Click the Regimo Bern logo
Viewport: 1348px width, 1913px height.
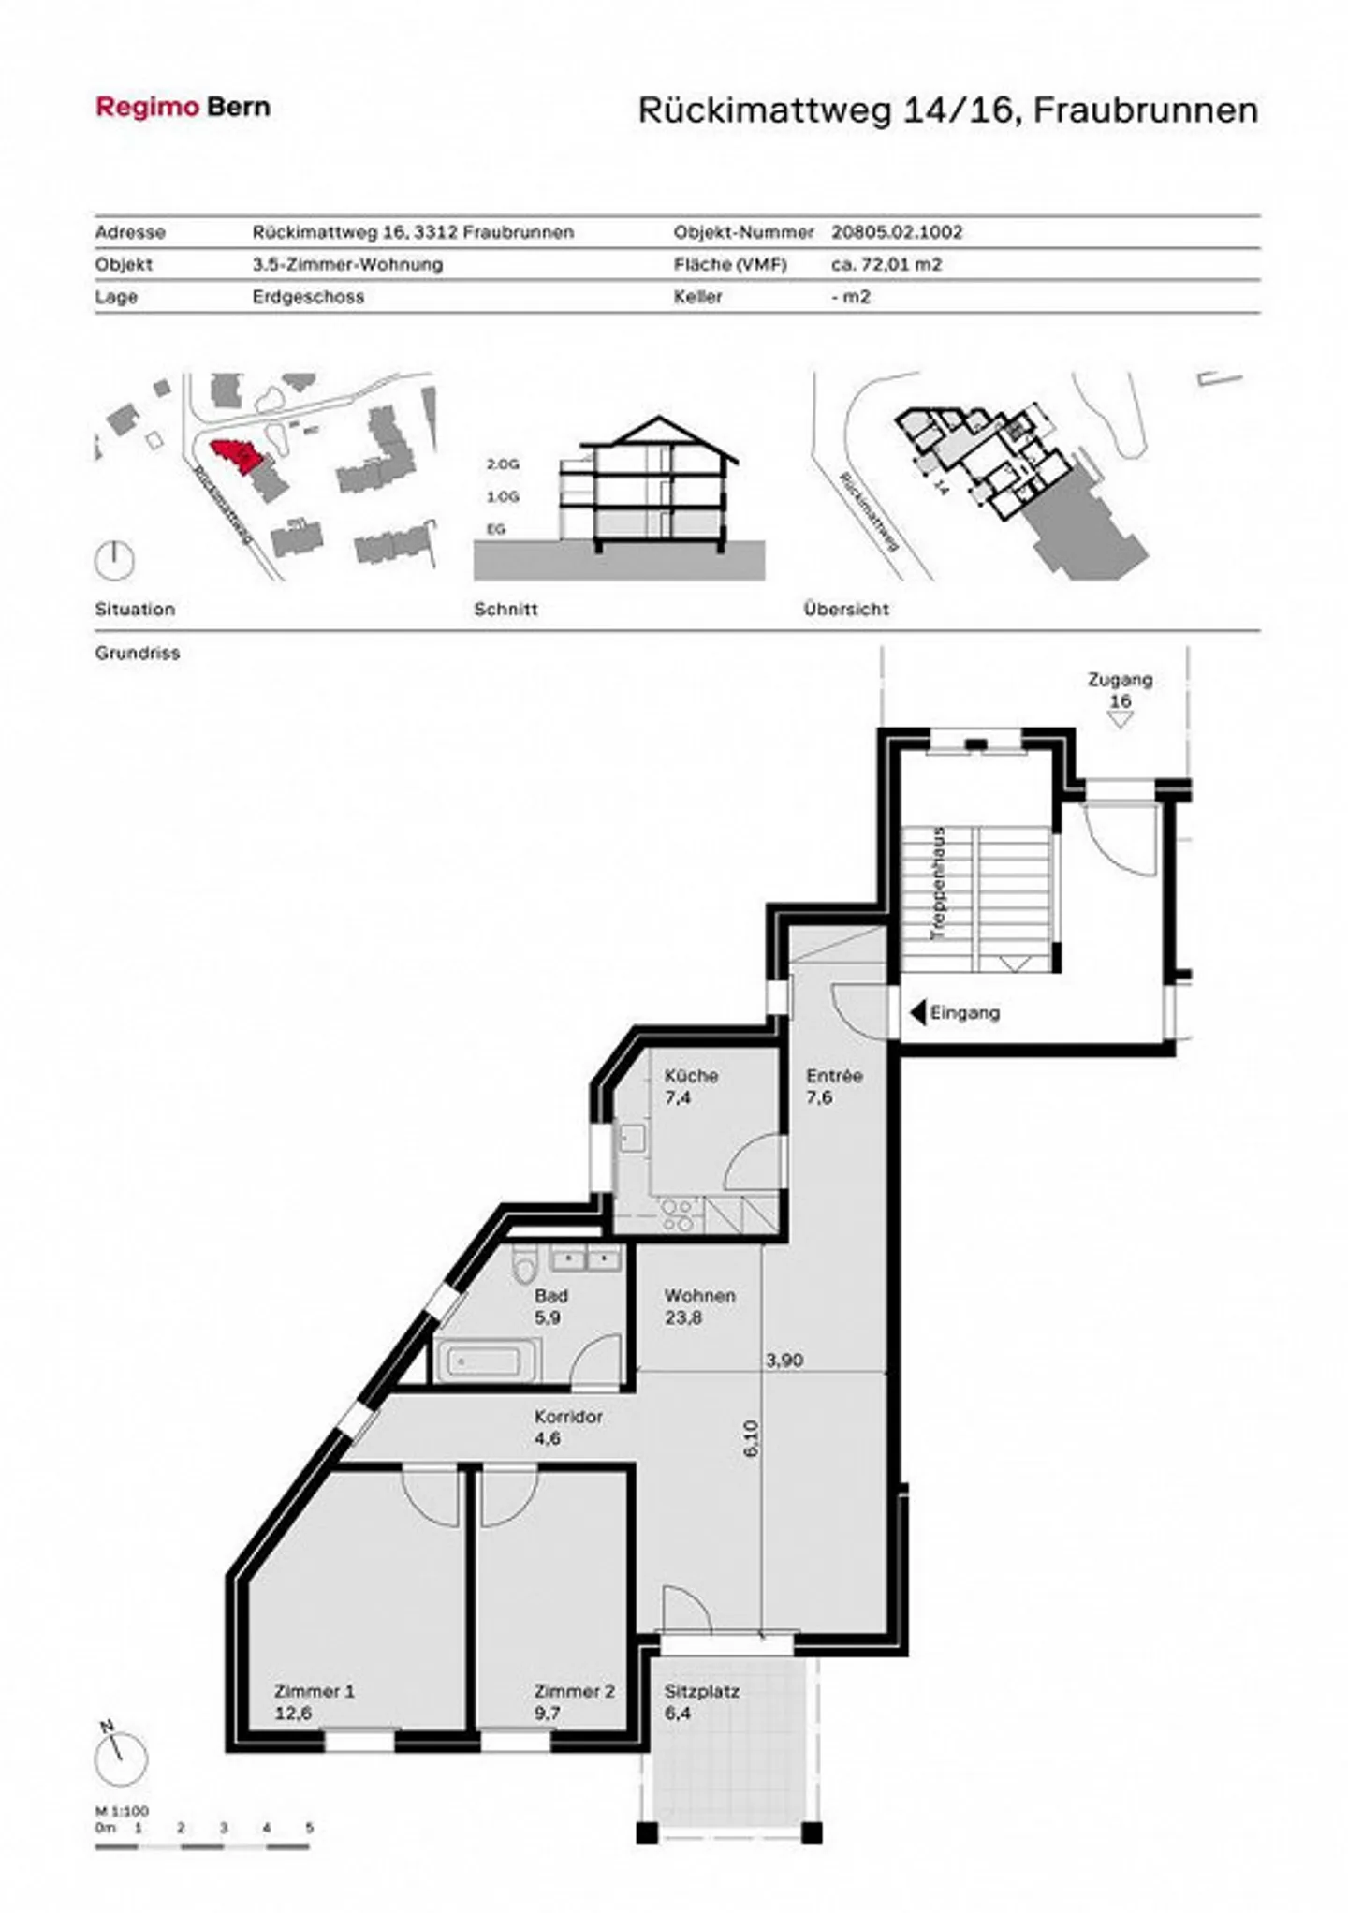click(183, 107)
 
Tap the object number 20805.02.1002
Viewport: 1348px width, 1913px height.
click(897, 232)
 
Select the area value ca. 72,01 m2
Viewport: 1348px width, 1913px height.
click(886, 264)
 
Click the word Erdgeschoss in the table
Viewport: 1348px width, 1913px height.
click(308, 297)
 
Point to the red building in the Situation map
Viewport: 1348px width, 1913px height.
click(230, 457)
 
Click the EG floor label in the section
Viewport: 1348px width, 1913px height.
click(495, 529)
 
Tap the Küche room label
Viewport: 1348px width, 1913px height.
click(691, 1076)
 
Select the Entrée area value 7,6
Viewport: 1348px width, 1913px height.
click(819, 1097)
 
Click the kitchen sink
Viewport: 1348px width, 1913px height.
click(631, 1140)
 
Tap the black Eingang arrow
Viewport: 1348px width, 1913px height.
click(917, 1012)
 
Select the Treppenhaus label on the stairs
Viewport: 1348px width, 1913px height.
click(939, 883)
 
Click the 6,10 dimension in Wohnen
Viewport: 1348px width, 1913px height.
click(751, 1437)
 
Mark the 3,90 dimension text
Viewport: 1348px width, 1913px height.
click(784, 1361)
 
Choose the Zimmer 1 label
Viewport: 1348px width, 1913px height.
click(315, 1692)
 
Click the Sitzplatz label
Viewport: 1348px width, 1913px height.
click(702, 1692)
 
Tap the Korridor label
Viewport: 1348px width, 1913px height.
click(568, 1417)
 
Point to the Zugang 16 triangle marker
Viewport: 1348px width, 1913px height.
click(1120, 720)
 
